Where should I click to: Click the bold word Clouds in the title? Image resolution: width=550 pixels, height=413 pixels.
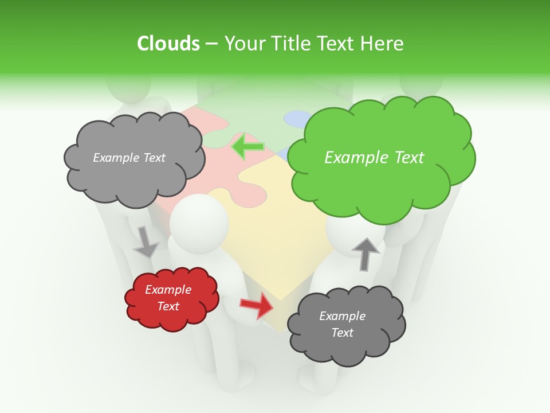(168, 44)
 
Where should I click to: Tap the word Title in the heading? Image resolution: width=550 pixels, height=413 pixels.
(289, 44)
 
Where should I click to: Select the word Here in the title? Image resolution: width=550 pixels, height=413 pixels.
(383, 44)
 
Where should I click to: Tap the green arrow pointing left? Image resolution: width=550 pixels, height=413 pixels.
(247, 146)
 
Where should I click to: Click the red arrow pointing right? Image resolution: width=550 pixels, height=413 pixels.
(257, 305)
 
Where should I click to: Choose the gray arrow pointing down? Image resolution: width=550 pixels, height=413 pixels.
(146, 241)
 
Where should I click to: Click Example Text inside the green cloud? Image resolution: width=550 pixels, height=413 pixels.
(374, 158)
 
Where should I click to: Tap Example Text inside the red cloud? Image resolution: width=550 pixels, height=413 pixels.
(168, 298)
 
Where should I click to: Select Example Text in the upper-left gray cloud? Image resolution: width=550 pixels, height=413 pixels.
(129, 158)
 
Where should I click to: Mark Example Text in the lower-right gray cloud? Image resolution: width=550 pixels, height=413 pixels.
(342, 324)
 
